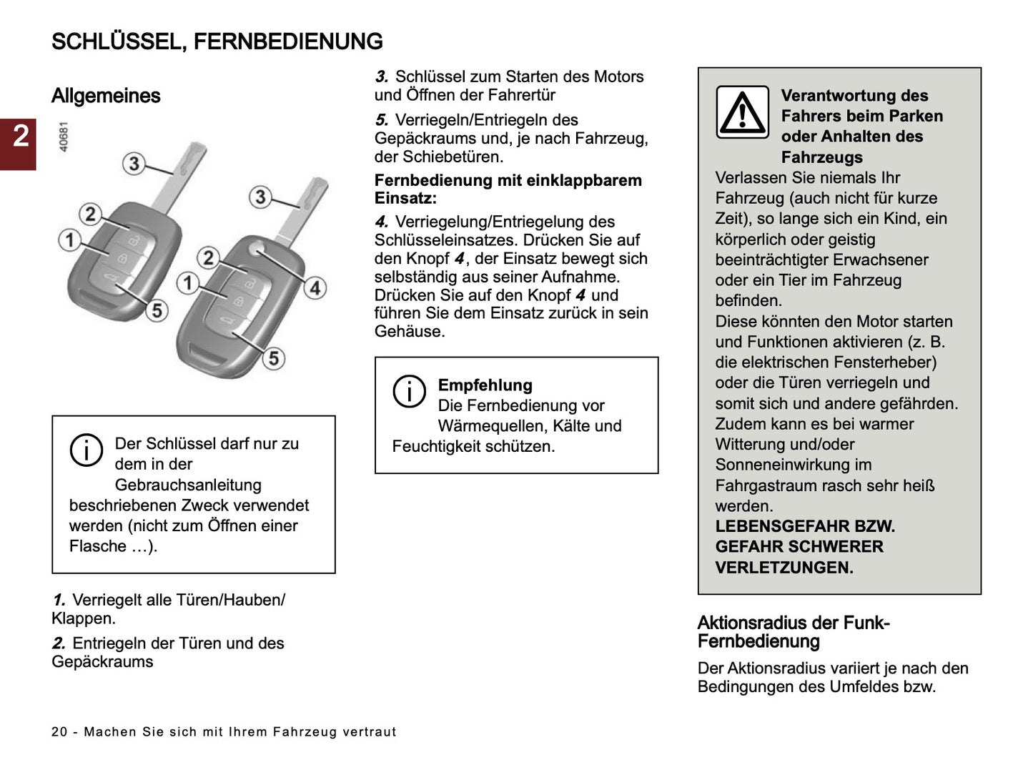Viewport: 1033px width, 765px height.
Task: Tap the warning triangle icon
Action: (x=742, y=113)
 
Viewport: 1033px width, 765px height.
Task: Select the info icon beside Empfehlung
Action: (x=409, y=391)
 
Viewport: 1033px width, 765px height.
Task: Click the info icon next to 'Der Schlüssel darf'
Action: (x=86, y=450)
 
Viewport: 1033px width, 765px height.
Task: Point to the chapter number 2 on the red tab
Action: (x=21, y=135)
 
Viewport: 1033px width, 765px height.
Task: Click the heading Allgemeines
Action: (x=106, y=96)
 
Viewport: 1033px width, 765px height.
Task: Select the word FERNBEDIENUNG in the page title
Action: (x=288, y=41)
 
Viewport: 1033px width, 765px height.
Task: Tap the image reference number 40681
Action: (x=64, y=137)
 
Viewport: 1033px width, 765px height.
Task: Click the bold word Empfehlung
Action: (x=485, y=385)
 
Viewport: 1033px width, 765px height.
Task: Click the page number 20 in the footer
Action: (x=59, y=732)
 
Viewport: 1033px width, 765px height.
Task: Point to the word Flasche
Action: (x=97, y=546)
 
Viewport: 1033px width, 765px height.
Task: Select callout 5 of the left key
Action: (x=157, y=310)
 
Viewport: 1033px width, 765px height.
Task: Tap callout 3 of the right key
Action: (x=260, y=196)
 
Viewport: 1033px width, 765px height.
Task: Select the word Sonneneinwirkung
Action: (x=793, y=465)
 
